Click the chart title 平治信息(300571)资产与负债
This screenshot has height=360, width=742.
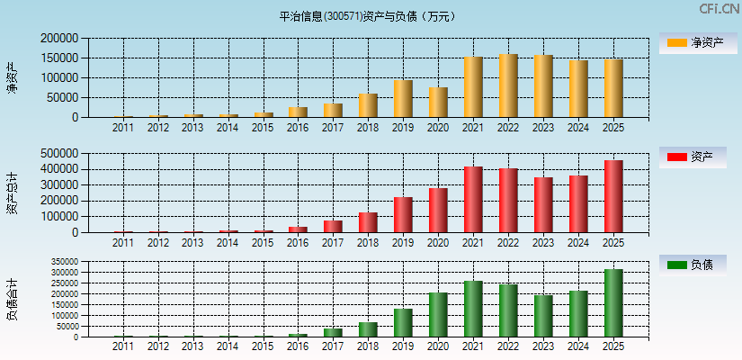pos(367,16)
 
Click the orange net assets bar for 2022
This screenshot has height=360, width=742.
pos(508,85)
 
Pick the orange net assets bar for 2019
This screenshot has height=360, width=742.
pos(403,99)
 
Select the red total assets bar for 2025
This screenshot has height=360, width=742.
pos(613,196)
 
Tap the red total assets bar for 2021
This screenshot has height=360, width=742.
pos(473,200)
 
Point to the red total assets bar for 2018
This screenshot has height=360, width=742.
pos(368,222)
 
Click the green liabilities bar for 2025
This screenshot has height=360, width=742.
pos(613,303)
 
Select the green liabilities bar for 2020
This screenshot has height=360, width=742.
pos(438,315)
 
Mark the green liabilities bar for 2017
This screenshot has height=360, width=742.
pos(333,332)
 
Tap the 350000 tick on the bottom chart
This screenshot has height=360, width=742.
pos(63,261)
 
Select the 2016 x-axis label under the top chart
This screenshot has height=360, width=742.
pos(298,128)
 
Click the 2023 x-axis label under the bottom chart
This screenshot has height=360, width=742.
pos(543,346)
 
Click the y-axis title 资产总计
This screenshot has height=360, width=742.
pos(12,193)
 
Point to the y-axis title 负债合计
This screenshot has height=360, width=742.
pos(12,300)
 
